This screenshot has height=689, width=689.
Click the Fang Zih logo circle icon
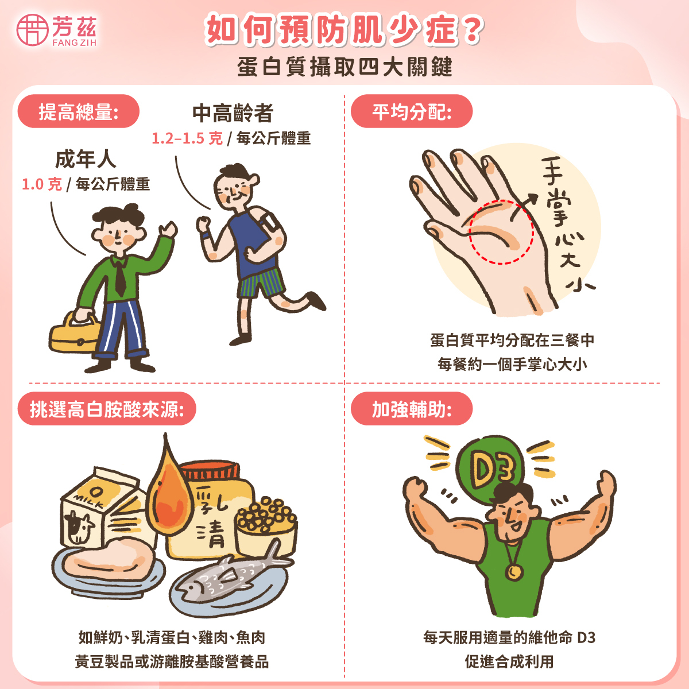[x=32, y=30]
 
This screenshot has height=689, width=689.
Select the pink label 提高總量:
[x=79, y=111]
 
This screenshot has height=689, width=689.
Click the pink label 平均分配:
[x=411, y=111]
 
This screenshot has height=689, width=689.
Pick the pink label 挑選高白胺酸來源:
[x=107, y=409]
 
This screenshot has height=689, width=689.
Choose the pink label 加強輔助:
[x=411, y=409]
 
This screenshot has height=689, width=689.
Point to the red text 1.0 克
[x=41, y=184]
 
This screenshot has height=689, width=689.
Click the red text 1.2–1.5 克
[x=187, y=138]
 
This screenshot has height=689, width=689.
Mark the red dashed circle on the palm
[x=501, y=231]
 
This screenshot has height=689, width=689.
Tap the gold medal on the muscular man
[x=513, y=572]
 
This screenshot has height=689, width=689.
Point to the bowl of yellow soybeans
[x=266, y=525]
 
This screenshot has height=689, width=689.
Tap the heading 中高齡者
[x=233, y=113]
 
